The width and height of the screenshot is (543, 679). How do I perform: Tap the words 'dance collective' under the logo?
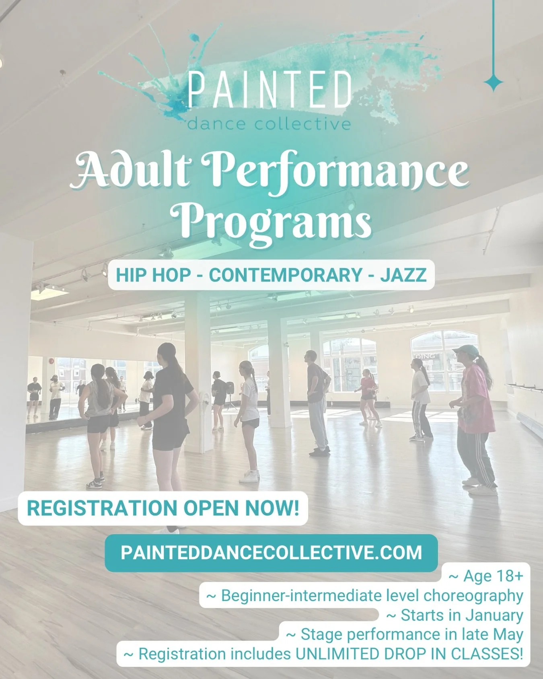point(269,123)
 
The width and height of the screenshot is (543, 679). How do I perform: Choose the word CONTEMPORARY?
point(286,276)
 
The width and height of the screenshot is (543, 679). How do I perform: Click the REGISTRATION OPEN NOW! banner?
point(163,508)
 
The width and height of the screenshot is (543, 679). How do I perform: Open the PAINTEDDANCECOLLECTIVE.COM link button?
point(271,553)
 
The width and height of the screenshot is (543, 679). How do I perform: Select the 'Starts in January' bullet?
point(455,615)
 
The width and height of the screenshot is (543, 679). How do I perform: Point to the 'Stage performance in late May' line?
point(404,634)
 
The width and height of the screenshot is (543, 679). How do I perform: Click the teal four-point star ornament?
point(493,83)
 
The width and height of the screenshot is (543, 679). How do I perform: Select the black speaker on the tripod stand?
point(230,387)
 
